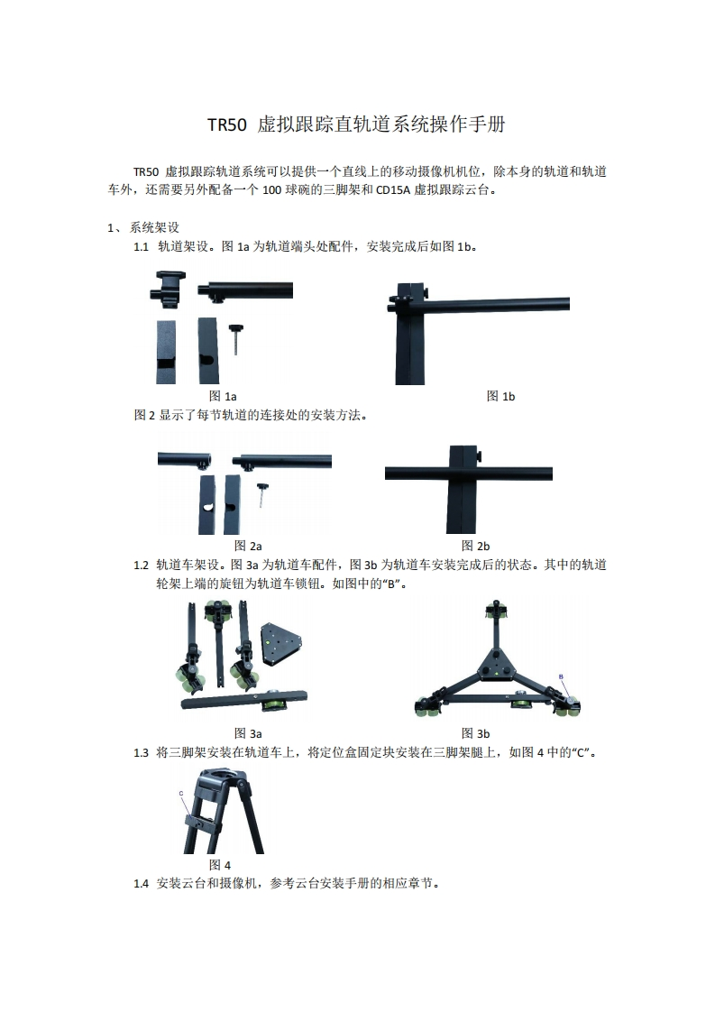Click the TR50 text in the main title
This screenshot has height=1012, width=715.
[226, 124]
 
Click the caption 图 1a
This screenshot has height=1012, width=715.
[223, 396]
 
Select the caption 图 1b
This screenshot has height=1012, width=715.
[500, 396]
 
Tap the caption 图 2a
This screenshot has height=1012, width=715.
[248, 546]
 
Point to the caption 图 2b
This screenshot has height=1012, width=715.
[475, 546]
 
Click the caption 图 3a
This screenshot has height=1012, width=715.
[248, 733]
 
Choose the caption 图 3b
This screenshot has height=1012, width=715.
[475, 733]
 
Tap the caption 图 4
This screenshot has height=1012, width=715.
[220, 865]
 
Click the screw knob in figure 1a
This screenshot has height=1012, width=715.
[236, 339]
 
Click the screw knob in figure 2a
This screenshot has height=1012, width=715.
[262, 494]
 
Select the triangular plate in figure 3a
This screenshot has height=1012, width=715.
[282, 643]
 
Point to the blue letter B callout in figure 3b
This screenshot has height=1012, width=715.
[561, 676]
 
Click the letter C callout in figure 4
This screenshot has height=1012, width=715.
[180, 793]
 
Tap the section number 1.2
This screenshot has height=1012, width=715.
[141, 566]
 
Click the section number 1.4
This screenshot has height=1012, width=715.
[141, 884]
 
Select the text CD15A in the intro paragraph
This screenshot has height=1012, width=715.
[392, 190]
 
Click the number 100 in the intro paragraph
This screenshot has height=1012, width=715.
[271, 190]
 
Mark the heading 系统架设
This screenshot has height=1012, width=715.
[154, 227]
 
